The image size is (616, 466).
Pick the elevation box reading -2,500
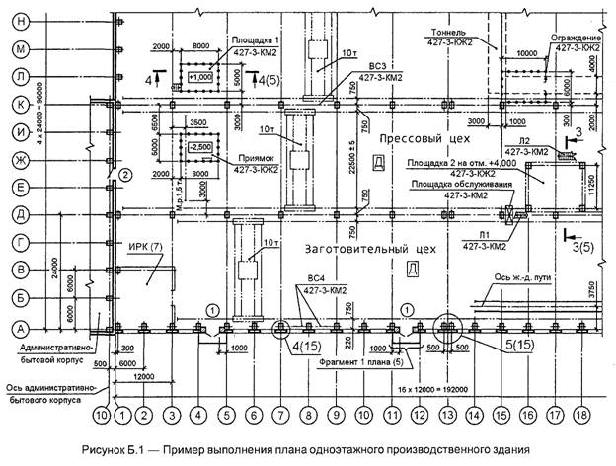tap(197, 147)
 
